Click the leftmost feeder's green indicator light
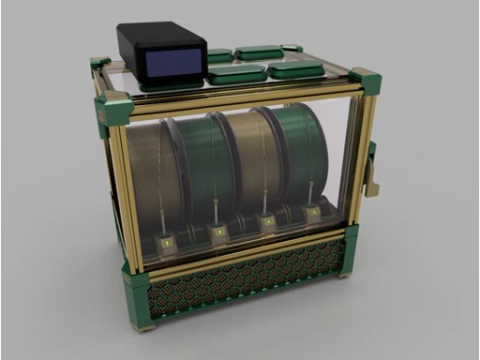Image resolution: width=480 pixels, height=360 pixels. pos(167,243)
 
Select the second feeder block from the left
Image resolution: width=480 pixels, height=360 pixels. pos(220,232)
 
